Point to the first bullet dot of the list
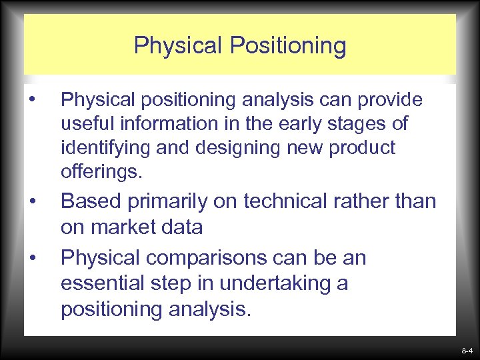[x=33, y=101]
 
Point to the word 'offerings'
[x=100, y=171]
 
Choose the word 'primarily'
[x=183, y=201]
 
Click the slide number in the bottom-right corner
[x=466, y=350]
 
